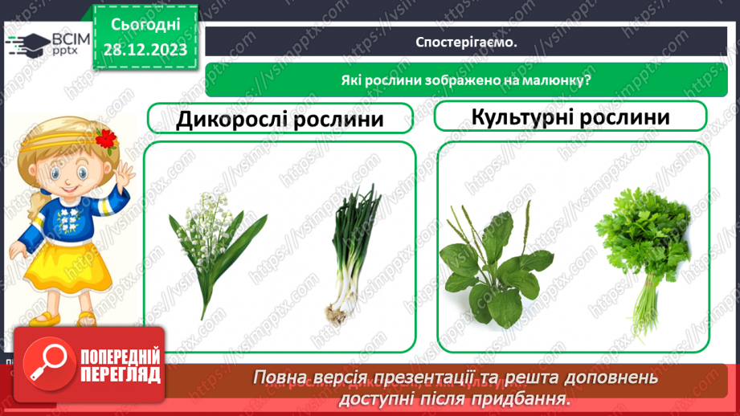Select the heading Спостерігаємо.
tap(466, 43)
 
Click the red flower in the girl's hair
tap(105, 139)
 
